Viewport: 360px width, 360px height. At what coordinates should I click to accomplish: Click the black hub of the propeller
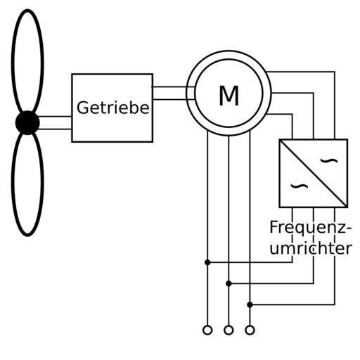27,122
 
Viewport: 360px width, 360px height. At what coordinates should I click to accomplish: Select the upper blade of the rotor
12,61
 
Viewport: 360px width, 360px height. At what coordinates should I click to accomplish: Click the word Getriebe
113,108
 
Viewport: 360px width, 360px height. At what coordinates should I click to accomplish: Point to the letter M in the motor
229,96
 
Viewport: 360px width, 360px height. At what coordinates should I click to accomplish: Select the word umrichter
311,248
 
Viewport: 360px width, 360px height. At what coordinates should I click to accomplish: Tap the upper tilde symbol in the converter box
329,160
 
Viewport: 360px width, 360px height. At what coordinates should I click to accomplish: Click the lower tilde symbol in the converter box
300,186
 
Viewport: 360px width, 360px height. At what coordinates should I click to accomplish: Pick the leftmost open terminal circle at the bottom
207,330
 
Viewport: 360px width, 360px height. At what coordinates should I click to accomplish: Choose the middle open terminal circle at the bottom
229,330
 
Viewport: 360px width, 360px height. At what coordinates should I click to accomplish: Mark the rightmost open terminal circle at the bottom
250,330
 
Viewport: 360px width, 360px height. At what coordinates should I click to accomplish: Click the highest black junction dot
207,262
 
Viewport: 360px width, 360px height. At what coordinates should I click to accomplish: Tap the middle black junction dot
229,283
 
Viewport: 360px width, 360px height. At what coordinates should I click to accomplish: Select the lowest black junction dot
250,304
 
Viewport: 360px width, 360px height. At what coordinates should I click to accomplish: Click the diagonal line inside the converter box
314,174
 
